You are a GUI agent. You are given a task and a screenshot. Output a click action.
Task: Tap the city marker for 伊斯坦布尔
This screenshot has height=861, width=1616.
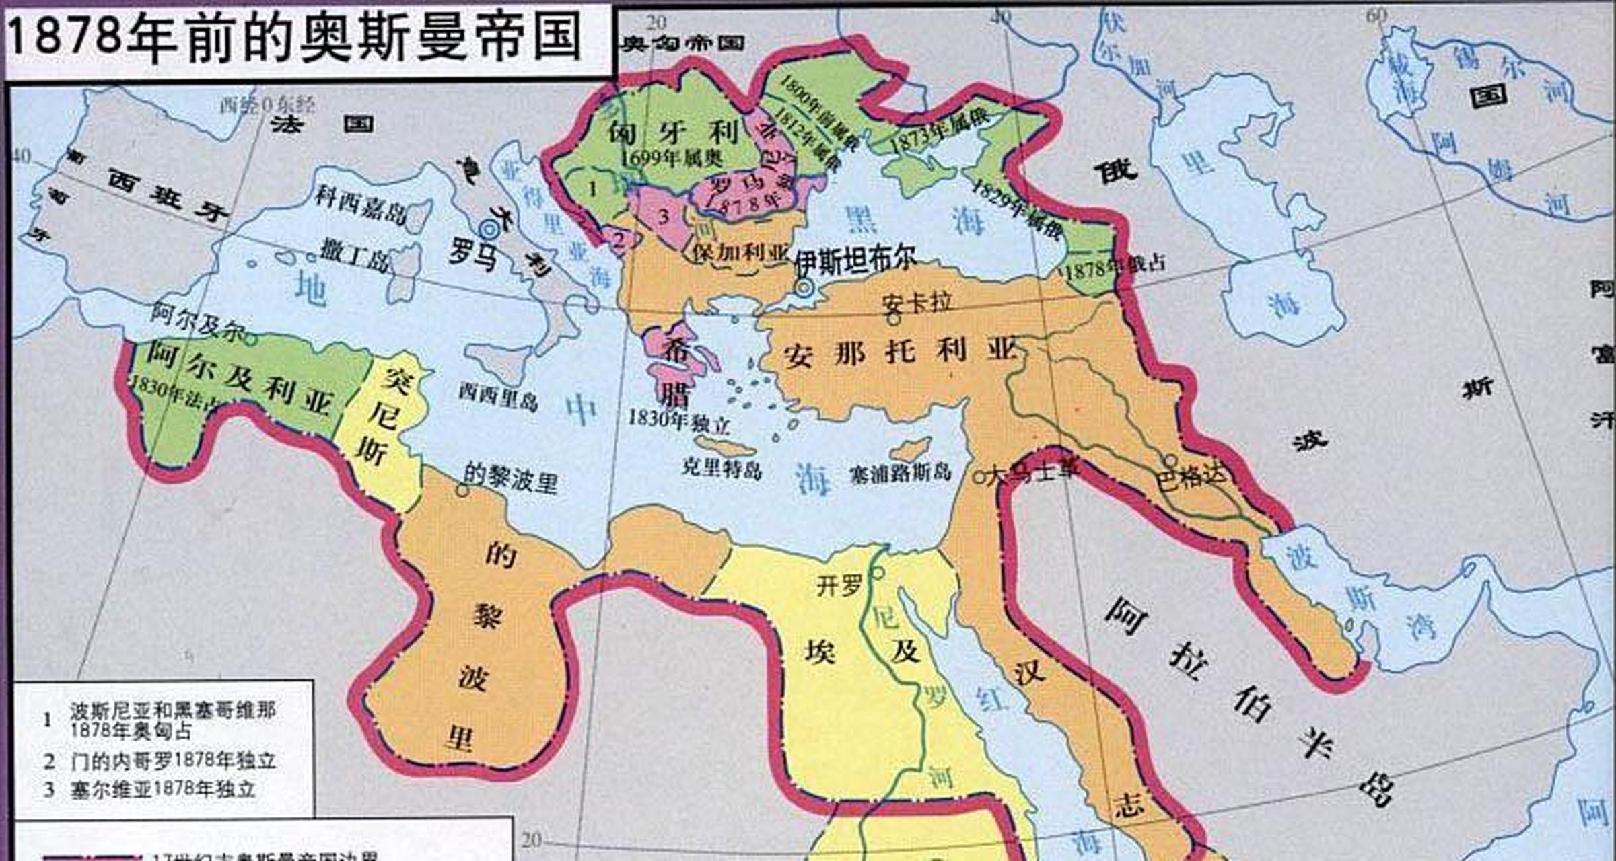[x=804, y=288]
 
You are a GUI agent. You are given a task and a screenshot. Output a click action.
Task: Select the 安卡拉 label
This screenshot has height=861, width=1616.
[x=917, y=303]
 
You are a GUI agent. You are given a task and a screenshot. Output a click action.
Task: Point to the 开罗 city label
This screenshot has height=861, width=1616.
[x=839, y=585]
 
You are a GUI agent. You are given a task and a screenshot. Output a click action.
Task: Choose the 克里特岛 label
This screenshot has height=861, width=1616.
[x=722, y=468]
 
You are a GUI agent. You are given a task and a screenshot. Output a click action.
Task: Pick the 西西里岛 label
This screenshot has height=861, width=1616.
[x=498, y=396]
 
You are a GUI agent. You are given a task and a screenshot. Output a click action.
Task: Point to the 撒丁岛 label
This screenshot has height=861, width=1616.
[x=354, y=256]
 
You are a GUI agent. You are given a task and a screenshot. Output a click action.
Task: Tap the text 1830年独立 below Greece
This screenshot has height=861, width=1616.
[x=678, y=422]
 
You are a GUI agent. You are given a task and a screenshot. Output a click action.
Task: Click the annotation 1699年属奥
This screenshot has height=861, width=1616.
[x=671, y=159]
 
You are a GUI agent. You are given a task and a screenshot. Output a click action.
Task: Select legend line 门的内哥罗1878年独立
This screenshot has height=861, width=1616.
[x=173, y=761]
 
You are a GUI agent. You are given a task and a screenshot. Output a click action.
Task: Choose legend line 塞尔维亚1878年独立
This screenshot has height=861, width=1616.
[x=163, y=789]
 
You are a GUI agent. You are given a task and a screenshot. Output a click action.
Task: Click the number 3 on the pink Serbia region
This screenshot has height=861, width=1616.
[x=664, y=216]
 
